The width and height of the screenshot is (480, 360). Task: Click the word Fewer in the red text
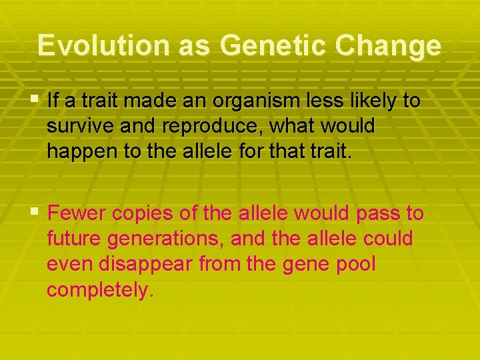point(77,213)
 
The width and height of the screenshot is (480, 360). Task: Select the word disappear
point(140,264)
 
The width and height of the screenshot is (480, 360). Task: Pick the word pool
point(357,264)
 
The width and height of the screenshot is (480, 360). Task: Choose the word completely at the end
point(100,289)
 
